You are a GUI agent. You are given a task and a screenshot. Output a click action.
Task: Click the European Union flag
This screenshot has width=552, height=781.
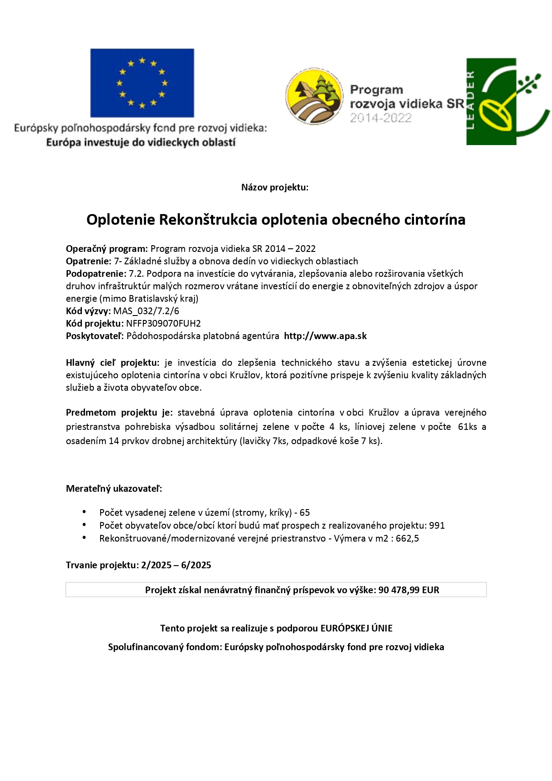(142, 83)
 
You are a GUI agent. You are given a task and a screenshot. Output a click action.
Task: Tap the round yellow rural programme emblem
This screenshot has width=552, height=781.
(314, 96)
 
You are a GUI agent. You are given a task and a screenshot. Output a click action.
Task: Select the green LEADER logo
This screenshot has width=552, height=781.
(507, 101)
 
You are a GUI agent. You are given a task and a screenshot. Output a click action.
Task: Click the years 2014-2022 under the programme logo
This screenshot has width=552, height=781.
(381, 118)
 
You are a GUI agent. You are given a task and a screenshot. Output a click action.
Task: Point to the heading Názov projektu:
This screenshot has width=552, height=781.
(275, 187)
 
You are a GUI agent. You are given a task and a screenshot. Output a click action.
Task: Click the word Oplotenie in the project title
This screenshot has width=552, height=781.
(121, 220)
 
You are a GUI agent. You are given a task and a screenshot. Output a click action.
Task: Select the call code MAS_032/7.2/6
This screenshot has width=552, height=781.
(146, 311)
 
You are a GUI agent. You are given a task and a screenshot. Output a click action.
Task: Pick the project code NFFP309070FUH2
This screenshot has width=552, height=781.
(163, 324)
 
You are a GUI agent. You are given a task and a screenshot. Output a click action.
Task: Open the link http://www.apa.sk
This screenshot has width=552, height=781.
(325, 336)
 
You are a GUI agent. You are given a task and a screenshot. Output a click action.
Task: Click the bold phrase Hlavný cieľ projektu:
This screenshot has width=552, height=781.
(112, 363)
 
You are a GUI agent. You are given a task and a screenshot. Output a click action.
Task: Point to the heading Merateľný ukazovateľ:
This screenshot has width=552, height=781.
(114, 489)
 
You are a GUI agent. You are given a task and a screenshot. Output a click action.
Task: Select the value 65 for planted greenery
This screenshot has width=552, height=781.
(305, 513)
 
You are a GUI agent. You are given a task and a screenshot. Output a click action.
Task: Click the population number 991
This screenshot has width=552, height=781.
(437, 526)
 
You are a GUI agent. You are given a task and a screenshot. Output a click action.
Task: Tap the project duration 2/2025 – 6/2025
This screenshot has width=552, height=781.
(176, 565)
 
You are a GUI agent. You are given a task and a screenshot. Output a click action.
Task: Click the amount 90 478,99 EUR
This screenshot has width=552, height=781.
(409, 590)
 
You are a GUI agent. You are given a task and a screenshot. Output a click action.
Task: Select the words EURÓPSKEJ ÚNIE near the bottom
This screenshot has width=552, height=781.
(357, 628)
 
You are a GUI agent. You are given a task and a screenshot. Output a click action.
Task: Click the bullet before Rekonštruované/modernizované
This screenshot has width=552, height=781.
(84, 538)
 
